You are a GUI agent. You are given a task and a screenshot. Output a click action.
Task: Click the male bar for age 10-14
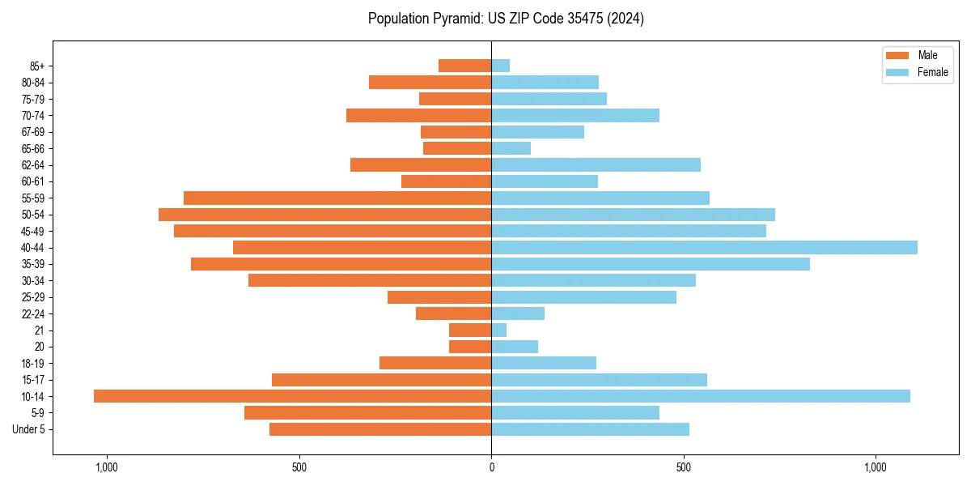292,396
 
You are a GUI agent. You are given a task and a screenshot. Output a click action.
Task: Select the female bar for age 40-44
704,248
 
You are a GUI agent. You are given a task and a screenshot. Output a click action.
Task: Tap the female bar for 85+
501,66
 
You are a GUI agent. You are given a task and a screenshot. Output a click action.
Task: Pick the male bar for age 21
470,330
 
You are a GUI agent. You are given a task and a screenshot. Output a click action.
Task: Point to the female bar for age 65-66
511,148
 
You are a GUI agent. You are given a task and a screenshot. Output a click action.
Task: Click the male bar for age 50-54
324,215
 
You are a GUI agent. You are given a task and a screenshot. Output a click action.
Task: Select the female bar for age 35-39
651,264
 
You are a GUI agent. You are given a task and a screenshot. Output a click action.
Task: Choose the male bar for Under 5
380,429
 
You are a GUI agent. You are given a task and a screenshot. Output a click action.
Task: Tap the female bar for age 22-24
518,313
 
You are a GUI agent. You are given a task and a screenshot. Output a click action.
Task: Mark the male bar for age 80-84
430,83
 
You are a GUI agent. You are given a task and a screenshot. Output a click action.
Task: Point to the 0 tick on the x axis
491,467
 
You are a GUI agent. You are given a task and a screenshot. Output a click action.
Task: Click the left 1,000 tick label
107,467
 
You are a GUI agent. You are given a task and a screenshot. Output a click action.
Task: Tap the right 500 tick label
684,467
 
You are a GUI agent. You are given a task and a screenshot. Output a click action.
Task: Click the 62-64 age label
33,165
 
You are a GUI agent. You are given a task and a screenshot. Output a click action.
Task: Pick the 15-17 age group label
33,380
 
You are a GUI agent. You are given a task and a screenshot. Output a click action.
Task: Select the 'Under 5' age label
29,429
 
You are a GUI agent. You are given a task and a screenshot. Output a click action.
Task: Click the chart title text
506,19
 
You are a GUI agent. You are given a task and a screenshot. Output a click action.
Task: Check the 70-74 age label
33,116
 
